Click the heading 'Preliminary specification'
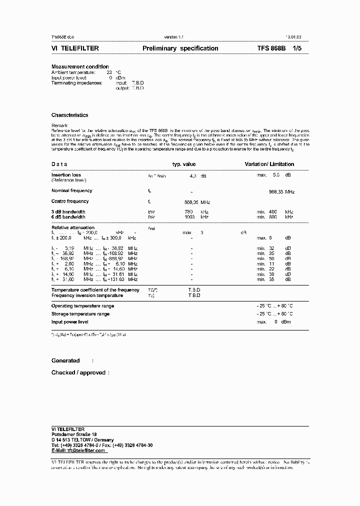tap(180, 48)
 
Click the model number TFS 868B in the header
tap(271, 48)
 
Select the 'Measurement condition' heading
tap(80, 67)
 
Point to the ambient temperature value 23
tap(109, 72)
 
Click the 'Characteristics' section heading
tap(69, 115)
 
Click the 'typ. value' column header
tap(184, 164)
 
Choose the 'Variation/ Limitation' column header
tap(269, 164)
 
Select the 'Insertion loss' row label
tap(66, 175)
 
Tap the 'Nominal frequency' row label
tap(71, 190)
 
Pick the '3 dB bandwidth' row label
tap(68, 212)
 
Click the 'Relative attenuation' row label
tap(72, 227)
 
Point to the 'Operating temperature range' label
tap(82, 306)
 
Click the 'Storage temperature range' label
tap(80, 314)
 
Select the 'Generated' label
tap(65, 360)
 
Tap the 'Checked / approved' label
tap(78, 372)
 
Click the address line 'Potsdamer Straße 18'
tap(74, 434)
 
